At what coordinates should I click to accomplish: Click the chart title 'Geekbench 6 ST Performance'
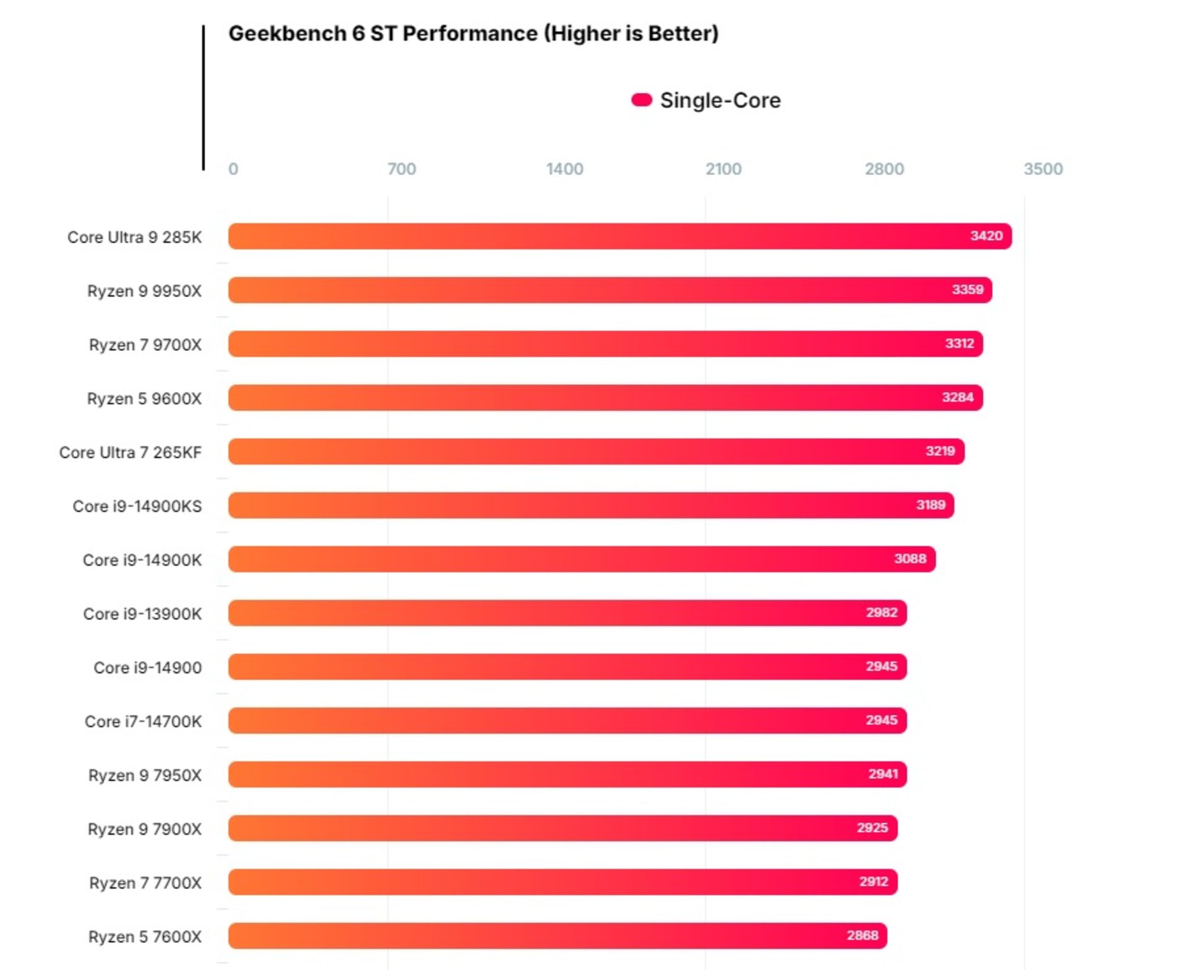(473, 33)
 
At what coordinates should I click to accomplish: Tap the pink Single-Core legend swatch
(642, 100)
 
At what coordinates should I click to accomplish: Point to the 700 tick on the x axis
(402, 169)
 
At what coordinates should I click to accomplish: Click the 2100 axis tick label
(723, 169)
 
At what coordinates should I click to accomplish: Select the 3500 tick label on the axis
(1043, 169)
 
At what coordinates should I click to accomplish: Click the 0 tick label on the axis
(233, 169)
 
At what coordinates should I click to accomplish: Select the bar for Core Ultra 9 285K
(619, 236)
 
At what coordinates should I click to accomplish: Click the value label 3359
(967, 290)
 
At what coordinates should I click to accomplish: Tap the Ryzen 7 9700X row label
(145, 345)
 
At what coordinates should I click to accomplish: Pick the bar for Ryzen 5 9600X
(605, 398)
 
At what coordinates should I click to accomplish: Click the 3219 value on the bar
(940, 451)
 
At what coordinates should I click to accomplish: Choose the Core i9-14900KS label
(137, 506)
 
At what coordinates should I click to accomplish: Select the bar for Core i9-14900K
(582, 559)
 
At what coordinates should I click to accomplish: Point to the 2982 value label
(881, 612)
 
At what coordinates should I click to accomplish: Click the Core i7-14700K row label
(143, 721)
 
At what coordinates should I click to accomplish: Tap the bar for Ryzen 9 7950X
(567, 775)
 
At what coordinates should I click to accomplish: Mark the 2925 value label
(872, 828)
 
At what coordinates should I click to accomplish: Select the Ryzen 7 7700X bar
(562, 882)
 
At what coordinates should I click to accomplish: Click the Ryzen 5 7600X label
(145, 937)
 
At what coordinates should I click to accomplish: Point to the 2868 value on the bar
(862, 935)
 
